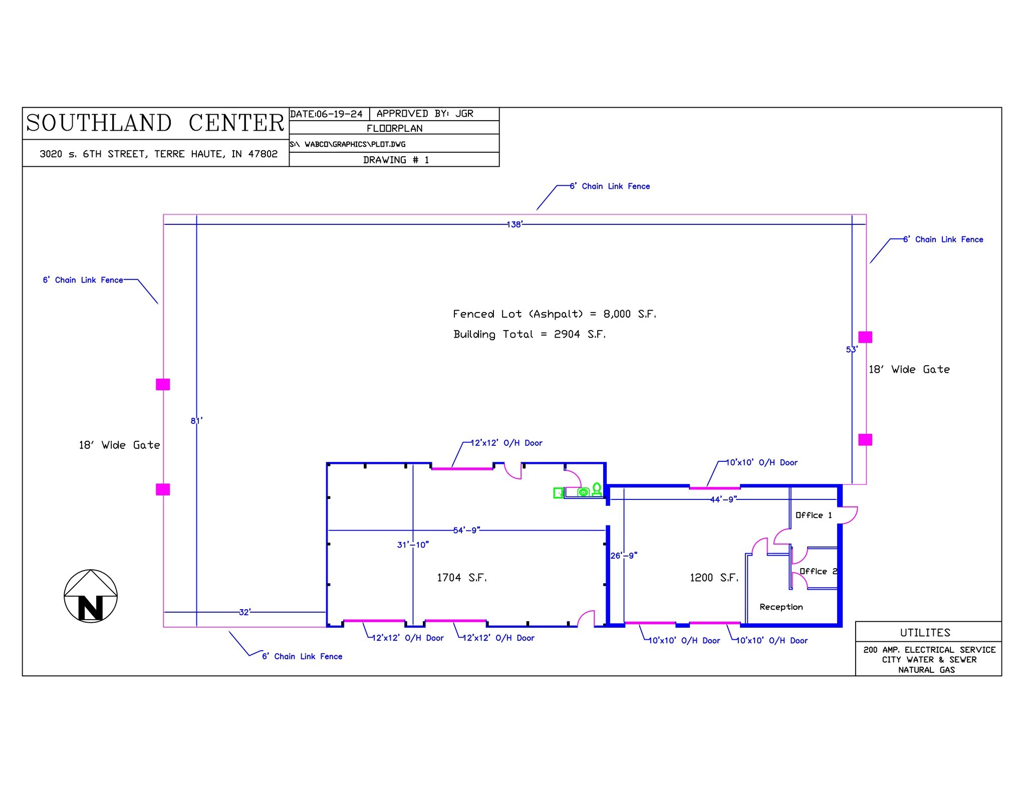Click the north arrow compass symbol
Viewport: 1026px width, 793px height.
click(91, 596)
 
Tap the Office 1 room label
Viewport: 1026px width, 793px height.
click(814, 515)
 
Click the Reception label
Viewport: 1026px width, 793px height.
click(781, 607)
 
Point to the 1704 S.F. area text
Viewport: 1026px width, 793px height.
click(461, 578)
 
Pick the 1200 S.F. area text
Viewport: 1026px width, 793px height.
click(714, 578)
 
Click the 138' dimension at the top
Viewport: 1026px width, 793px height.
click(515, 224)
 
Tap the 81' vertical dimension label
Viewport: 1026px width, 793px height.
click(196, 421)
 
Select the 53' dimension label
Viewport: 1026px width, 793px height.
click(852, 350)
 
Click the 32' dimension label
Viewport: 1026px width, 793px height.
click(244, 612)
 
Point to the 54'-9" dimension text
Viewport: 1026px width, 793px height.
click(466, 530)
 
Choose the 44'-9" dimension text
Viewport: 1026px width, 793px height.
click(723, 499)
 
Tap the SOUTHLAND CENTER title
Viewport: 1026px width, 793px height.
click(155, 123)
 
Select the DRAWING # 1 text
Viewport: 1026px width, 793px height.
click(396, 160)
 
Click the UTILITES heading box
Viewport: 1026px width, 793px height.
click(925, 632)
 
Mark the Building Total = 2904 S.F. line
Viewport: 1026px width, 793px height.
click(530, 334)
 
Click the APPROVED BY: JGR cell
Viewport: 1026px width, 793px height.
click(425, 114)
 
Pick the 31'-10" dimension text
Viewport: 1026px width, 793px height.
click(413, 545)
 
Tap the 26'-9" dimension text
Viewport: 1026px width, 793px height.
click(624, 556)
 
